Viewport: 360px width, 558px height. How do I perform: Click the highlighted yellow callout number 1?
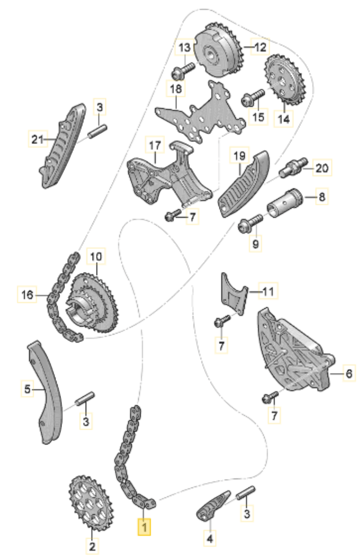(x=144, y=526)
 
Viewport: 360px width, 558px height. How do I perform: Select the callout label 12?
(x=260, y=47)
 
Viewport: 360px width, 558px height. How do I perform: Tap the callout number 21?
(x=37, y=139)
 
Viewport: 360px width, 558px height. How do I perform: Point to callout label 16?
(x=27, y=294)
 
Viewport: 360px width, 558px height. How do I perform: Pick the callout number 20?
(x=322, y=167)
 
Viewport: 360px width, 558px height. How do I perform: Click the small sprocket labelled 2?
(x=90, y=502)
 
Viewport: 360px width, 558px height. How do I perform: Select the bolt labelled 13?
(x=183, y=70)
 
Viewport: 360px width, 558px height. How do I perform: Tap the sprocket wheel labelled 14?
(x=285, y=80)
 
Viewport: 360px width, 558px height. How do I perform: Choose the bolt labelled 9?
(x=250, y=222)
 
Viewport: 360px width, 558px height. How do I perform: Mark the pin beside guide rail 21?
(x=97, y=131)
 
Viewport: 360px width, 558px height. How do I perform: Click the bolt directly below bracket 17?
(x=173, y=214)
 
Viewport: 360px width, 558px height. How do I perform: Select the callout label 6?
(x=348, y=373)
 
